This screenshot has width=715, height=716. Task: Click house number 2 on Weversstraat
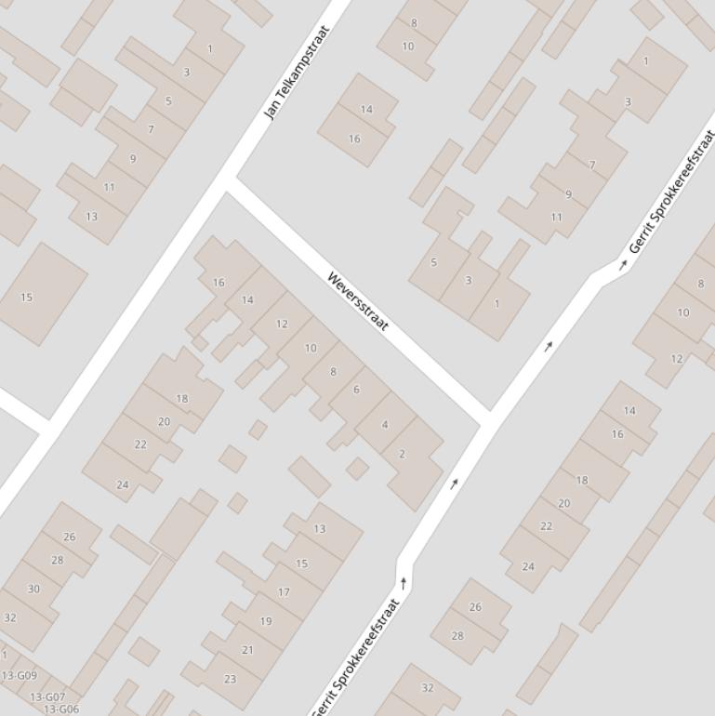coord(402,454)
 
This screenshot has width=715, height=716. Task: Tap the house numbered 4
coord(385,425)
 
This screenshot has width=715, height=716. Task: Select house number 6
coord(356,390)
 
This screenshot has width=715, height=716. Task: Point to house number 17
coord(284,591)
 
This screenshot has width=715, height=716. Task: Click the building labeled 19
coord(266,621)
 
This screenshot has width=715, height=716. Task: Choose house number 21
coord(247,650)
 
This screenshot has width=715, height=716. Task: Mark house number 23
coord(230,679)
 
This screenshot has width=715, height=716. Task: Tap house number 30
coord(33,589)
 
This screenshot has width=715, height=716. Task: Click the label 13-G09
coord(20,676)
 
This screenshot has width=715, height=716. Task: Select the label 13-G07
coord(47,696)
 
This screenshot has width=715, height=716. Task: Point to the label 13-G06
coord(61,709)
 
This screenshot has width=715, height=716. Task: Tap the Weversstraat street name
coord(358,301)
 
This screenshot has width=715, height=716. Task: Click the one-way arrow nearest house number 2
coord(455,484)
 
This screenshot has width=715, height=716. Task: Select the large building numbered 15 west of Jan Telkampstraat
coord(26,298)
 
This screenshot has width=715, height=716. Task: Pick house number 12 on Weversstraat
coord(282,324)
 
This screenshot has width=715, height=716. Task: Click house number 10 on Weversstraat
coord(311,348)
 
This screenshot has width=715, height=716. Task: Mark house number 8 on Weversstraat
coord(333,372)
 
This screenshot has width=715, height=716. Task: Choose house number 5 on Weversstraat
coord(433,263)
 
